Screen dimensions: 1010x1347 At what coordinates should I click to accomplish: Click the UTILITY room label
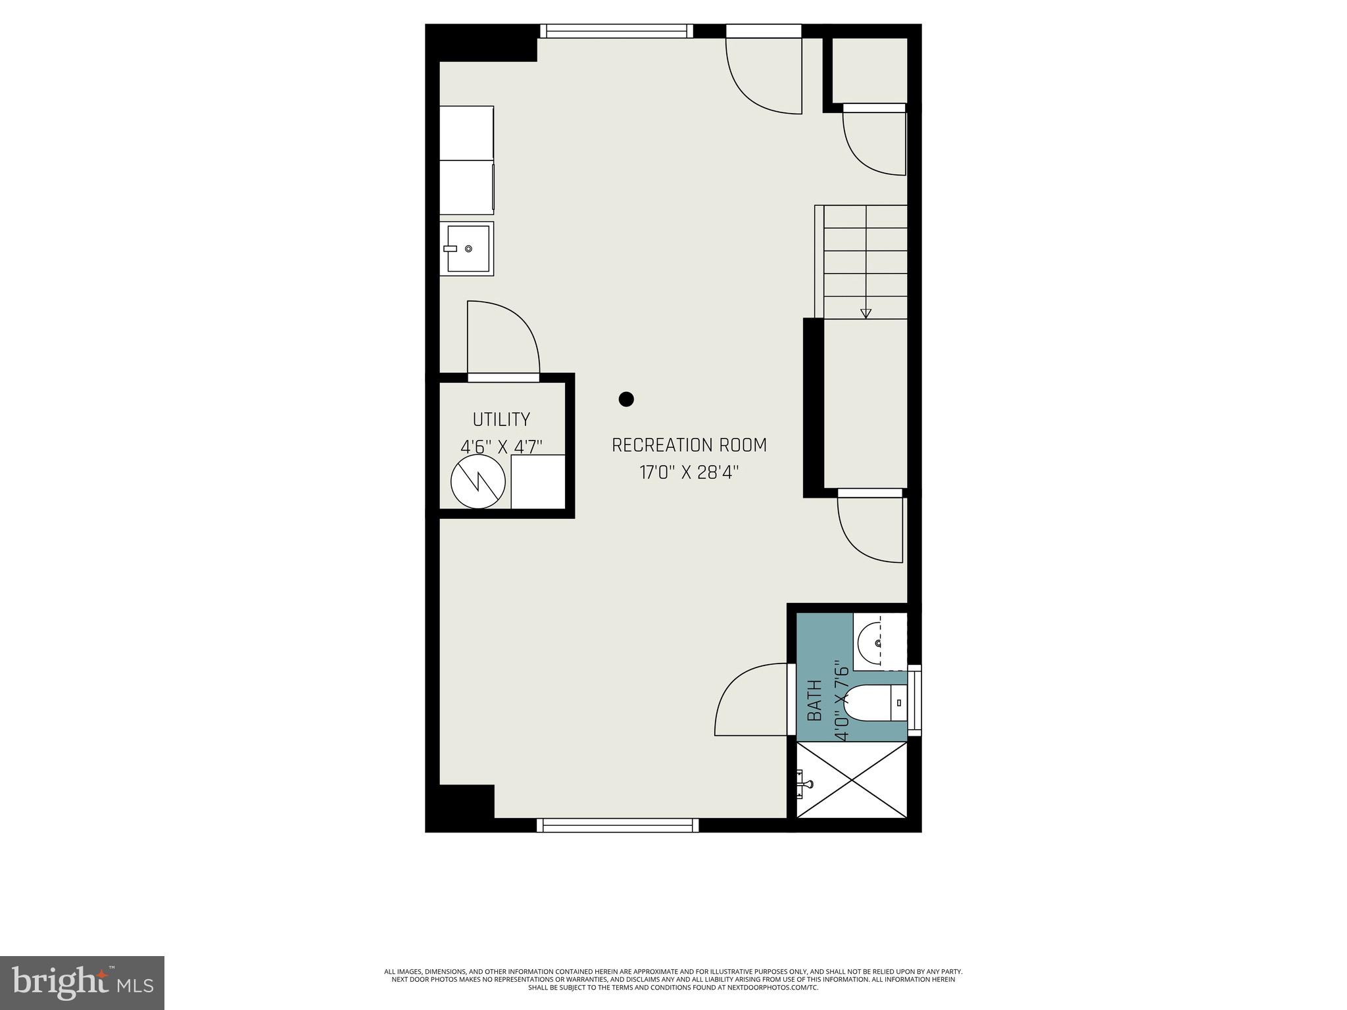[501, 420]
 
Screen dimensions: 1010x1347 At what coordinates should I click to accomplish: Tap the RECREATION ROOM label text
[689, 446]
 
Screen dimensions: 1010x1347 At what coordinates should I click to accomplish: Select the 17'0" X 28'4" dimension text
[689, 473]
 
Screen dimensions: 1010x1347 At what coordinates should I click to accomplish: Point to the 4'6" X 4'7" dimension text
[501, 447]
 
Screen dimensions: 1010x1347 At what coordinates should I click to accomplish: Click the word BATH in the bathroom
[814, 700]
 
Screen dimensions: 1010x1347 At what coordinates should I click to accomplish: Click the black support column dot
[626, 399]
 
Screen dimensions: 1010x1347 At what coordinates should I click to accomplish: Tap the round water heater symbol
[478, 481]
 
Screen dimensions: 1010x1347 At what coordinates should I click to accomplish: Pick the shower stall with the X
[852, 780]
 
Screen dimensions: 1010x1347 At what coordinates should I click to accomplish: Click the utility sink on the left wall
[467, 249]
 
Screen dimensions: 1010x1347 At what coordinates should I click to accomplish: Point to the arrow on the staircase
[866, 313]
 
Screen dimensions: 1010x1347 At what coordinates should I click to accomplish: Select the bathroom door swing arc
[750, 700]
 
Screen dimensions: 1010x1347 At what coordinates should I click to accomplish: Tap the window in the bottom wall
[618, 825]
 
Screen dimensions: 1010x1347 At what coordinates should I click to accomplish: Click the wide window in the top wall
[617, 31]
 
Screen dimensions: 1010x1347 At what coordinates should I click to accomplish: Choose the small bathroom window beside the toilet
[915, 700]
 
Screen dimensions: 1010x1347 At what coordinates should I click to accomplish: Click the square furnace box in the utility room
[538, 481]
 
